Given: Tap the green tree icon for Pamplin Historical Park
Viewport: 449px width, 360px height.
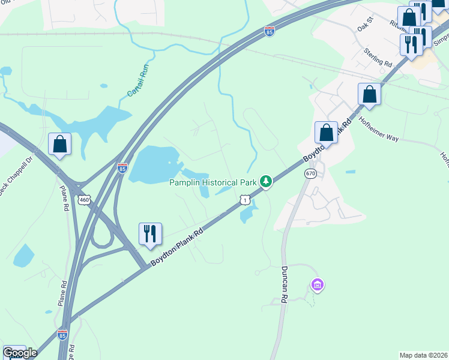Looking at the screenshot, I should [265, 181].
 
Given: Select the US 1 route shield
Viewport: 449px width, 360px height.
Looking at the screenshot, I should [244, 199].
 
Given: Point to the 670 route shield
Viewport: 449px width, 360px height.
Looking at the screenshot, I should [310, 173].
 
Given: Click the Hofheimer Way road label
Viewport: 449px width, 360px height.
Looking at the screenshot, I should [379, 129].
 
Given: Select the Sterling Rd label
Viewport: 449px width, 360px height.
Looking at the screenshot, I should [378, 56].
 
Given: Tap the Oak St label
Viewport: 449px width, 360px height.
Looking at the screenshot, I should [365, 25].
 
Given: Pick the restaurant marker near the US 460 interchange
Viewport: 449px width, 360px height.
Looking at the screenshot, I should [149, 233].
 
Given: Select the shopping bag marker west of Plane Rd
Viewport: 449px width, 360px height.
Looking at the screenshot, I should [59, 144].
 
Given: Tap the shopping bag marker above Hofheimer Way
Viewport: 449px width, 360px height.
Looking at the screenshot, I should [369, 94].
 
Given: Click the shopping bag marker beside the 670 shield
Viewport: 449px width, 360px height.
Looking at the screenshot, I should [326, 132].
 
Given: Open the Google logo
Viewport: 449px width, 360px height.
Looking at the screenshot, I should [20, 353].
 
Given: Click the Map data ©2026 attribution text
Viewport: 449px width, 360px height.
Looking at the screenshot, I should [423, 355].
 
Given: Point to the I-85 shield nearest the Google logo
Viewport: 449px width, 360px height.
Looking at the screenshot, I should [62, 335].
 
